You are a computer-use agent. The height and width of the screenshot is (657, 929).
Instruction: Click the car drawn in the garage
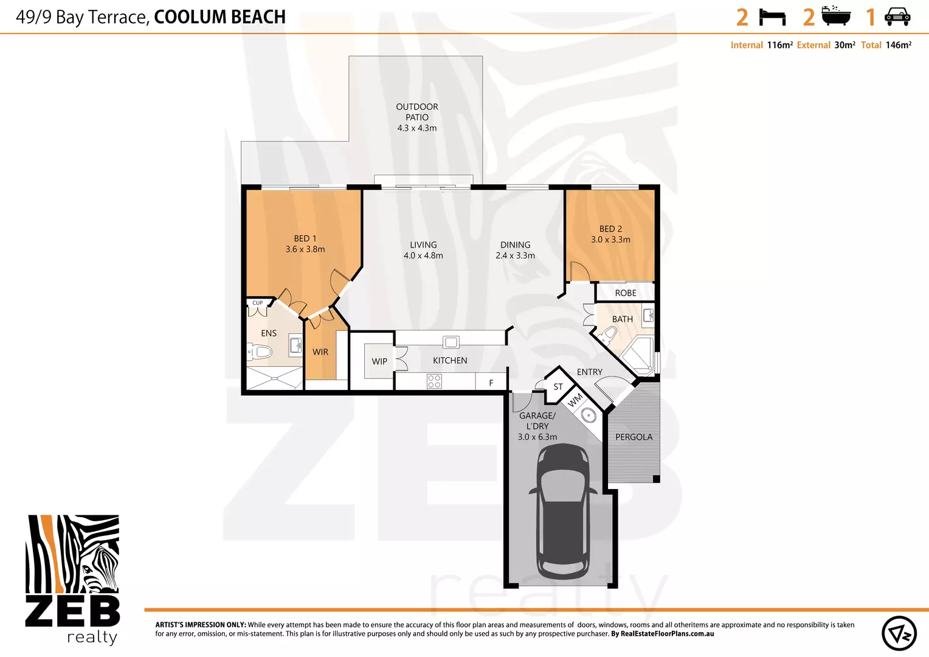point(563,512)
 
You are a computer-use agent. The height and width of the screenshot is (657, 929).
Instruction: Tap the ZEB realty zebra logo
point(72,580)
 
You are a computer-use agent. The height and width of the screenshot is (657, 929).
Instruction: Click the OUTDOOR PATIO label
point(417,112)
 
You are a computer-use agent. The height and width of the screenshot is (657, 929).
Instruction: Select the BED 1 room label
point(305,238)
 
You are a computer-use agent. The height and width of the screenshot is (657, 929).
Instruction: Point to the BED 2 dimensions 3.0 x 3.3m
point(610,240)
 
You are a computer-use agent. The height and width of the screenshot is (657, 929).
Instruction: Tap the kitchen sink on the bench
point(451,342)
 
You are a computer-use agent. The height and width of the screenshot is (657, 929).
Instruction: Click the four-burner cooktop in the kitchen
point(434,381)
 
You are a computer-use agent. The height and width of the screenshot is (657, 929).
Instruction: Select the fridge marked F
point(491,382)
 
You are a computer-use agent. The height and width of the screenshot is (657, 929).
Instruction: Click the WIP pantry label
point(379,361)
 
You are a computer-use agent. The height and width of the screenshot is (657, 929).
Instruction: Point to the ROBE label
point(626,293)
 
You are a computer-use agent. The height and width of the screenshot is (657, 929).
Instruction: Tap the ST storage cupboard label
point(558,387)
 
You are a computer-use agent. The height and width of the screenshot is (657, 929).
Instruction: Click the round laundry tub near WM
point(589,415)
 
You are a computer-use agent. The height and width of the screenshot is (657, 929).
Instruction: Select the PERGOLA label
point(634,437)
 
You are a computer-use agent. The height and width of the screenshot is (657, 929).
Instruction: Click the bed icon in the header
point(772,18)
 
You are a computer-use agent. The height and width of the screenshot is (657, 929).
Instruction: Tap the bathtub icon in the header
point(836,16)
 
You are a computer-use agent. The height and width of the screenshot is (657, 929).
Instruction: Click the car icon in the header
point(897,16)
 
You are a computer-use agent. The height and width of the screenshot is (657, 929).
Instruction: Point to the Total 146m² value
point(899,45)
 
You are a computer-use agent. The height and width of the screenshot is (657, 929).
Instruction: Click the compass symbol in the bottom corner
point(899,633)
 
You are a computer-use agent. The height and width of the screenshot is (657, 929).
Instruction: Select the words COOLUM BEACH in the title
point(220,17)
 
